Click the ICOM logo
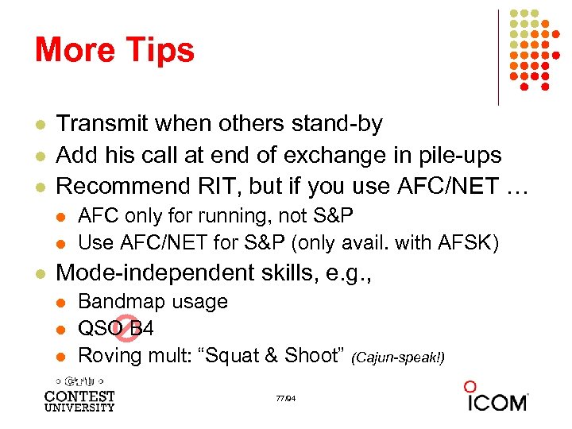coord(497,397)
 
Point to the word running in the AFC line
coord(207,215)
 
